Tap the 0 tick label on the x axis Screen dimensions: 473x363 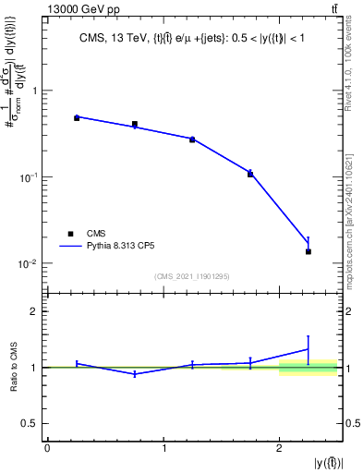[x=47, y=449]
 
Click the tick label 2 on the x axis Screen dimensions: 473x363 [x=279, y=449]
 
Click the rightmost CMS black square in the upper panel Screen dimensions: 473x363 [x=309, y=251]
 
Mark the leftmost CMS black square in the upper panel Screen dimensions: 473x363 [x=77, y=118]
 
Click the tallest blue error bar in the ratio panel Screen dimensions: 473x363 [x=309, y=348]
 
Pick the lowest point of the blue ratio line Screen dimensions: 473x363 [x=135, y=374]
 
